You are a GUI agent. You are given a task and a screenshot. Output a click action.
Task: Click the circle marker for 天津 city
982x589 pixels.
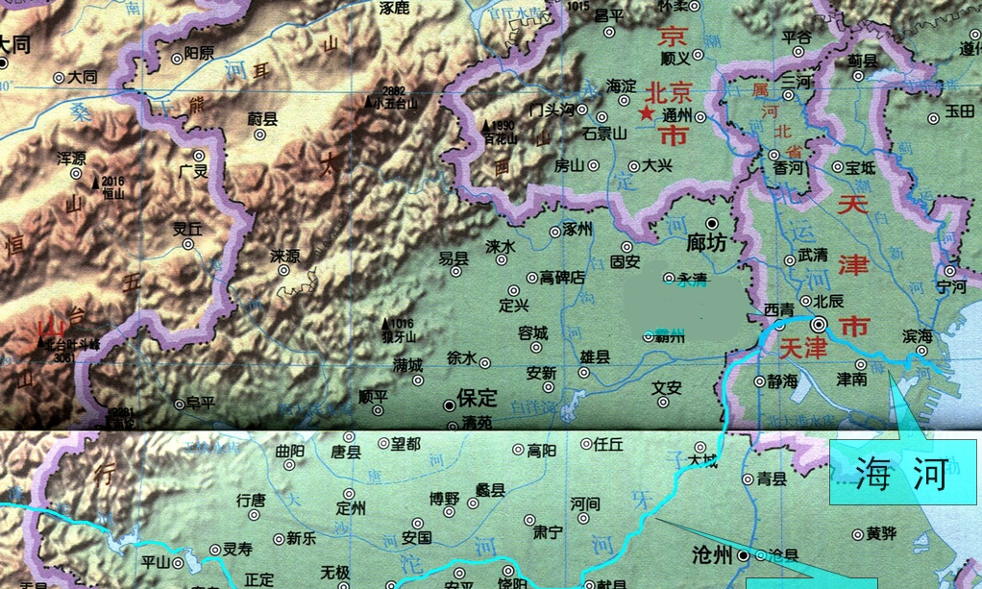click(822, 325)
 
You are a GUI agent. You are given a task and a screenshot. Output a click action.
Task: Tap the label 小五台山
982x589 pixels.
click(396, 103)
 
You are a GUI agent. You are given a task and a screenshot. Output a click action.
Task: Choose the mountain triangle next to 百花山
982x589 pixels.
click(486, 125)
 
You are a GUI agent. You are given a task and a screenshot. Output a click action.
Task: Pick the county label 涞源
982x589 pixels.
click(285, 256)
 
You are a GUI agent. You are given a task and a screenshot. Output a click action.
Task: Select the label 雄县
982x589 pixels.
click(595, 356)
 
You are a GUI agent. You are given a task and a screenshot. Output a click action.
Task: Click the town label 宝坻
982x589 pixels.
click(861, 167)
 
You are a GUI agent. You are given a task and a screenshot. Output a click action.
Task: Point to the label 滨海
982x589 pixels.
click(917, 335)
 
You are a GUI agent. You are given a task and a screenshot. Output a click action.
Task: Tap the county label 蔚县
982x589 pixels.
click(262, 119)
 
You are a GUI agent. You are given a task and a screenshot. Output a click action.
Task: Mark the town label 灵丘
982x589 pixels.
click(186, 229)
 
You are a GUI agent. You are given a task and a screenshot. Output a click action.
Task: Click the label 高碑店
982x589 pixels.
click(562, 277)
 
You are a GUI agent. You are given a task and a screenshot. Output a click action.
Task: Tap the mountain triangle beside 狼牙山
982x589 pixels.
click(386, 323)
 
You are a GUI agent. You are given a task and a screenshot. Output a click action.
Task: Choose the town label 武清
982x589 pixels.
click(813, 256)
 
